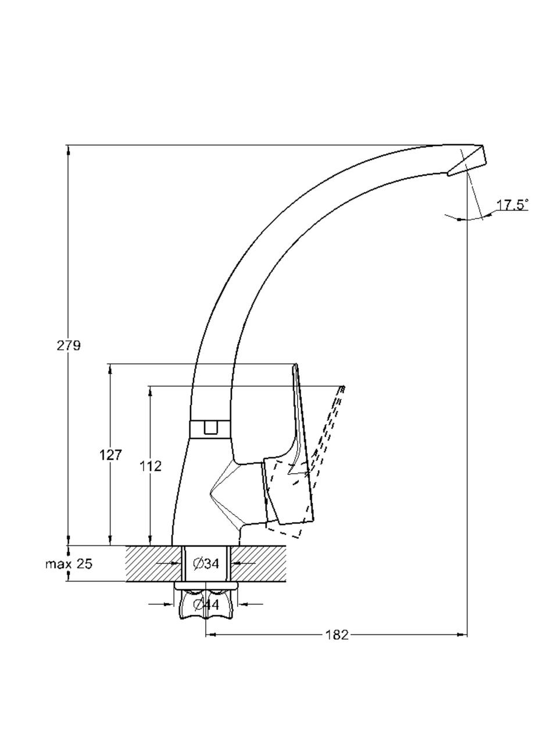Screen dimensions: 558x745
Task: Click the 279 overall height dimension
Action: [x=69, y=346]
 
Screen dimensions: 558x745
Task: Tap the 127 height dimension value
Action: [x=110, y=455]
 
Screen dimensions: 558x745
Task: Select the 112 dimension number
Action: [x=151, y=466]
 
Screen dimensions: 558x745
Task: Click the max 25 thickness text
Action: [x=69, y=564]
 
